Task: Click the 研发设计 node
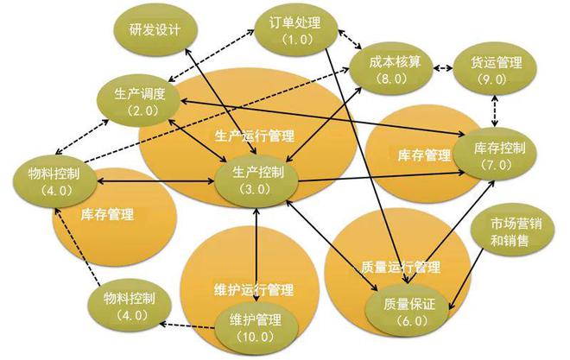155,29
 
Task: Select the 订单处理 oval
296,30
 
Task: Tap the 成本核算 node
391,69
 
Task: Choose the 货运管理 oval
495,70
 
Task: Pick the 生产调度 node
138,101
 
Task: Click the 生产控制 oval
256,180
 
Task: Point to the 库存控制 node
495,154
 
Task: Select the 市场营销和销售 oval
513,231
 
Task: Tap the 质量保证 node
407,311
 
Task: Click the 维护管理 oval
256,327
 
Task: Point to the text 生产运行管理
255,136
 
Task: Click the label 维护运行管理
253,289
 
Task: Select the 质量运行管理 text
401,267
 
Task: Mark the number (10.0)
255,337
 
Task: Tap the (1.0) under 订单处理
297,40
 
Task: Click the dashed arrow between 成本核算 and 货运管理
443,68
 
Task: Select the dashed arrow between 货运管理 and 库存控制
495,111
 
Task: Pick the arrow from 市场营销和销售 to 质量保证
466,279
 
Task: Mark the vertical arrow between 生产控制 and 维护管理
256,255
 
